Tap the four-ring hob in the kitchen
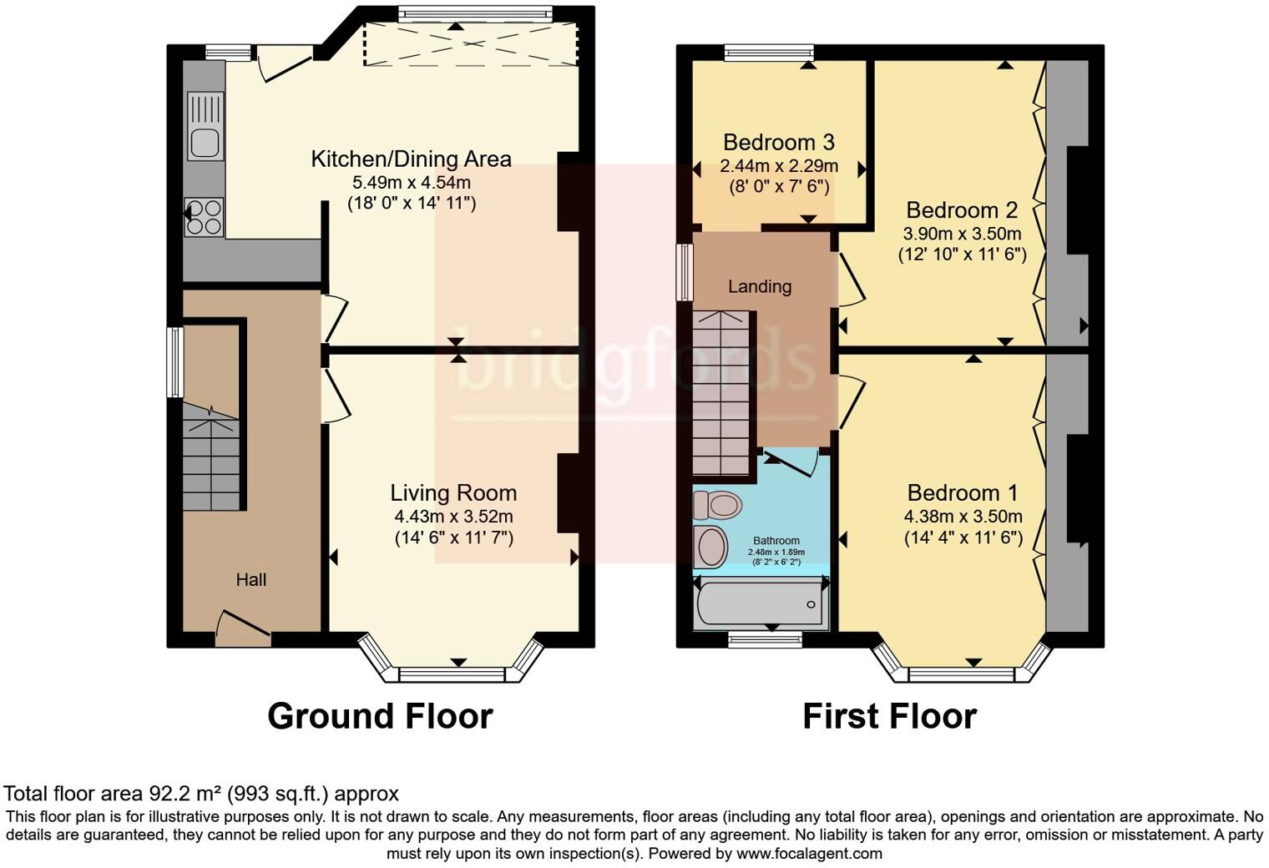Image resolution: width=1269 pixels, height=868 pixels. [x=204, y=216]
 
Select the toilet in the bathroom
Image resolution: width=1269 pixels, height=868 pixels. [x=718, y=505]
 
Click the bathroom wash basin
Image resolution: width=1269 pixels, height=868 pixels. [x=711, y=547]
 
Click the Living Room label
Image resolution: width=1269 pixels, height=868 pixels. [x=453, y=493]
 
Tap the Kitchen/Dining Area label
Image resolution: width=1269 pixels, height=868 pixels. [x=411, y=159]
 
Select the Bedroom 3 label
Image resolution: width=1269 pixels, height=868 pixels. [x=778, y=142]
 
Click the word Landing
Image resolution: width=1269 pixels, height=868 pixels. [x=759, y=286]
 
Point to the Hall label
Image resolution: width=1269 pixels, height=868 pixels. [x=250, y=580]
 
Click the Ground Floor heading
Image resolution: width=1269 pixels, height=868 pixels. [x=380, y=716]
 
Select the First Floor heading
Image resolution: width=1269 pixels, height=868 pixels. [x=889, y=716]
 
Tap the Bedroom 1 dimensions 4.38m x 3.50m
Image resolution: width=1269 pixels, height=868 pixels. [x=963, y=517]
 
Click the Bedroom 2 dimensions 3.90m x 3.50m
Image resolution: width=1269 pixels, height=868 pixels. [x=962, y=233]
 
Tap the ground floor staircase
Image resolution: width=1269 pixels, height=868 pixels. [x=210, y=459]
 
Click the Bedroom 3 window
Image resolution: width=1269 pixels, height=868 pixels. [x=769, y=53]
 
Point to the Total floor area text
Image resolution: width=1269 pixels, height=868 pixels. [x=201, y=793]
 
